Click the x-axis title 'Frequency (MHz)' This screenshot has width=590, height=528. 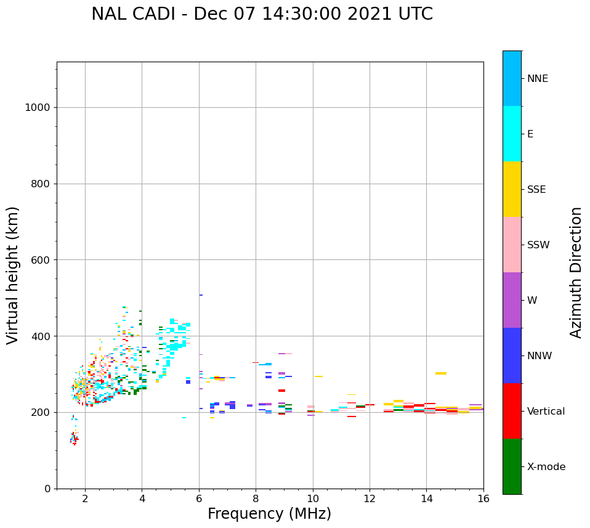269,514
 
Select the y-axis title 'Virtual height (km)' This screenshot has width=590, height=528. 13,275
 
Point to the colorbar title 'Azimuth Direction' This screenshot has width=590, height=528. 576,272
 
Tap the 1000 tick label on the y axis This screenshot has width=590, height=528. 37,108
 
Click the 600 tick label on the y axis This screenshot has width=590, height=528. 40,260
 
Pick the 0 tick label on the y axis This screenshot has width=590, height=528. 47,489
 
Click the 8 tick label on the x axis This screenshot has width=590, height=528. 256,498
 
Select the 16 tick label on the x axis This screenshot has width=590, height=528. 483,498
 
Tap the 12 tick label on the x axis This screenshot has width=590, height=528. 370,498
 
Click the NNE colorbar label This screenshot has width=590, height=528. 537,79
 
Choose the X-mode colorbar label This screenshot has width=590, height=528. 546,467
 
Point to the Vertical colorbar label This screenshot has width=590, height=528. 546,412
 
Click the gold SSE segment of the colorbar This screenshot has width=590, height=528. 512,189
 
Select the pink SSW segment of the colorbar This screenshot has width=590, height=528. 512,245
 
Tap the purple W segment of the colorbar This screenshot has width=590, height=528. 512,300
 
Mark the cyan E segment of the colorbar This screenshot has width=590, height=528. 512,134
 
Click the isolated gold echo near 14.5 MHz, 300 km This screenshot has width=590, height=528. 441,373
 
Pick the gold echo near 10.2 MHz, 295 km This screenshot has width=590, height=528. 318,376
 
